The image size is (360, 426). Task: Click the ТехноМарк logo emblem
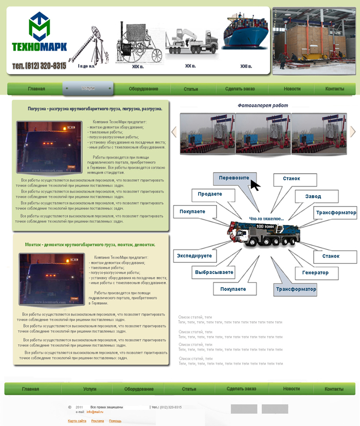[39, 27]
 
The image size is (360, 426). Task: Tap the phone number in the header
[39, 66]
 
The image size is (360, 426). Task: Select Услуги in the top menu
[88, 88]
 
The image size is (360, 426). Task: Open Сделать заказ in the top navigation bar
[240, 89]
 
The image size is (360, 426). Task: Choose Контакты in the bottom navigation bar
[334, 389]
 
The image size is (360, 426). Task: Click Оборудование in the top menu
[143, 89]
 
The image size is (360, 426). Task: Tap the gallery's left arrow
[174, 132]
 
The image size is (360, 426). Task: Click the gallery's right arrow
[353, 132]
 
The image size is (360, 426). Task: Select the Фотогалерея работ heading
[263, 105]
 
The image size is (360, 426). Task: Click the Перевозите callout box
[234, 178]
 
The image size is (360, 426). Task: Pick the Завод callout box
[313, 196]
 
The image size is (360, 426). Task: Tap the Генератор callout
[315, 272]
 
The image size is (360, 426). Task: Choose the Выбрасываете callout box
[214, 272]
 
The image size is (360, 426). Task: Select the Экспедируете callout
[194, 255]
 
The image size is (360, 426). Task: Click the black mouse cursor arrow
[255, 184]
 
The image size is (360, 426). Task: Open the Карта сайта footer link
[77, 421]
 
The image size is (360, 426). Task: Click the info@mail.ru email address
[95, 412]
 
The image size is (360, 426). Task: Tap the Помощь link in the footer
[115, 421]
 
